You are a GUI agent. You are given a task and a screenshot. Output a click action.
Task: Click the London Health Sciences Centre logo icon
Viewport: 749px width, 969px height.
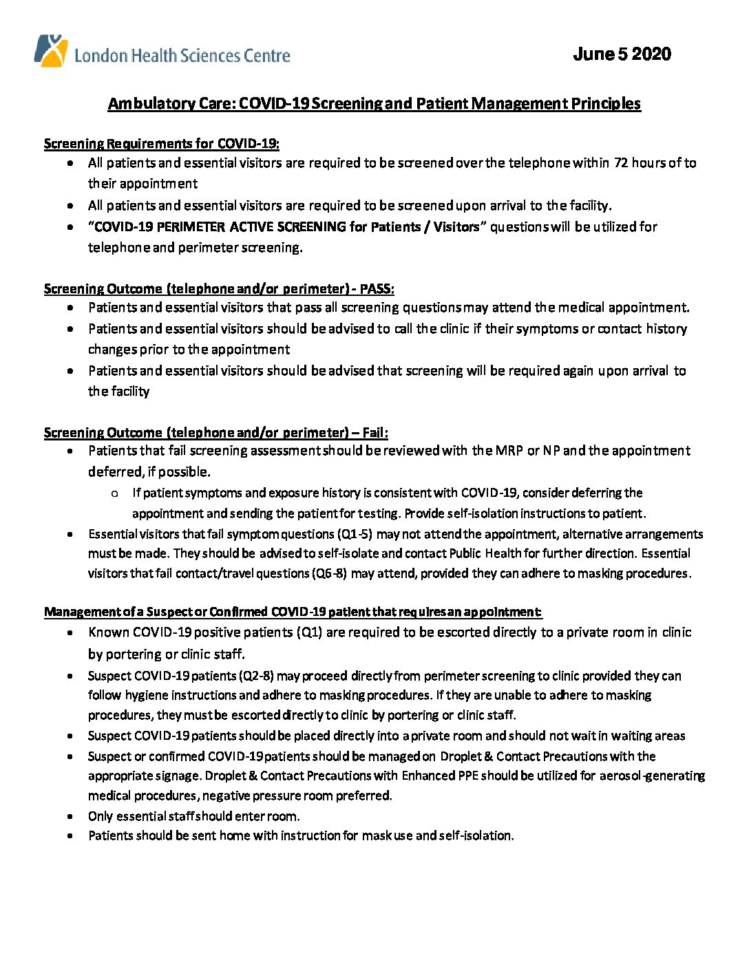point(51,50)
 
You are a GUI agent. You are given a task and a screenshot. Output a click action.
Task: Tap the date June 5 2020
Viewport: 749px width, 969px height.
point(622,54)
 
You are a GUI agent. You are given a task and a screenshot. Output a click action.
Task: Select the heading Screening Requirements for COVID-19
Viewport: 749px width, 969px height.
point(161,144)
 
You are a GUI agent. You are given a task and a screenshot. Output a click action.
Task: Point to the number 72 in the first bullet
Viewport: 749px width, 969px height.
point(620,163)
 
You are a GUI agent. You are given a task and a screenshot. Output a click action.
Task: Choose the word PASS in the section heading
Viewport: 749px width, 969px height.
point(376,289)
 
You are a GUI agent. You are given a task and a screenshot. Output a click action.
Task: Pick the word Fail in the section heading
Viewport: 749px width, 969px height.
point(374,433)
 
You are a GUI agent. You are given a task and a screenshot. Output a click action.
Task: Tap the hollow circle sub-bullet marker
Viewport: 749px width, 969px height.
point(114,493)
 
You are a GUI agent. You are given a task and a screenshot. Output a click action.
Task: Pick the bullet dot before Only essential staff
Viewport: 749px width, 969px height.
point(71,817)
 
